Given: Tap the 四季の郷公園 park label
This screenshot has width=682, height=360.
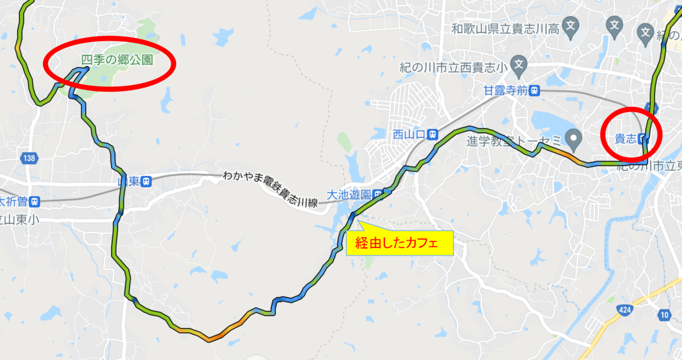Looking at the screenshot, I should click(x=117, y=59).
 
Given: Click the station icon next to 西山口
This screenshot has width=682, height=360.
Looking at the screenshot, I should click(x=433, y=135).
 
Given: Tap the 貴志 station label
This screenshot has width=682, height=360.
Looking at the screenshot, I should click(x=626, y=138).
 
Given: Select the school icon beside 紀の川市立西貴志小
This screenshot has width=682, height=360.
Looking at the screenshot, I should click(x=518, y=67).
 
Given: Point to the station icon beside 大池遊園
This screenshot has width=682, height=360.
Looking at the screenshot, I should click(x=377, y=195).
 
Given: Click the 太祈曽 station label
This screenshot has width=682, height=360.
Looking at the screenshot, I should click(x=13, y=201).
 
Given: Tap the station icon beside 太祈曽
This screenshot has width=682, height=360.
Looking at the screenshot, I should click(x=35, y=201).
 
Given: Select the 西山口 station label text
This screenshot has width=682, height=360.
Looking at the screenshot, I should click(x=409, y=135).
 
